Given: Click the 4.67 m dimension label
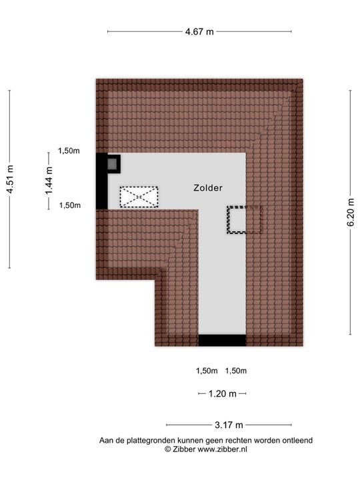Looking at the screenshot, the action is click(x=199, y=31).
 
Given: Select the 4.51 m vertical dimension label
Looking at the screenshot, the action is click(x=10, y=179).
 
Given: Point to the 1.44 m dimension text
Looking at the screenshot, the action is click(x=49, y=181).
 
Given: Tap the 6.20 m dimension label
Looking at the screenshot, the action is click(x=351, y=212).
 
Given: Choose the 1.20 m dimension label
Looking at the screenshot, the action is click(x=223, y=394).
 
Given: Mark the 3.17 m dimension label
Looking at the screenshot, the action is click(x=229, y=425).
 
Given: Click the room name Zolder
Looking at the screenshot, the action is click(x=208, y=187).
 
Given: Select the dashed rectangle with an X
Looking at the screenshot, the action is click(x=139, y=197).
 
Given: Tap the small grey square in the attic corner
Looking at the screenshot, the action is click(x=113, y=164).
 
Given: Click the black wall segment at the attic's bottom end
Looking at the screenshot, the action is click(x=222, y=341).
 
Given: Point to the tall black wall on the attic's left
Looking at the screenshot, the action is click(x=102, y=181).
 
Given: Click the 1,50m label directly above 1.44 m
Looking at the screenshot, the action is click(x=69, y=151).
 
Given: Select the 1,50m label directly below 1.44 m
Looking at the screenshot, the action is click(x=70, y=205).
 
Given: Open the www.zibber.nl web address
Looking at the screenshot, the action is click(x=222, y=449).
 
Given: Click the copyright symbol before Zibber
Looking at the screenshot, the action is click(x=168, y=449).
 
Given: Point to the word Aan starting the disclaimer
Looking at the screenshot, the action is click(x=105, y=441).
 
